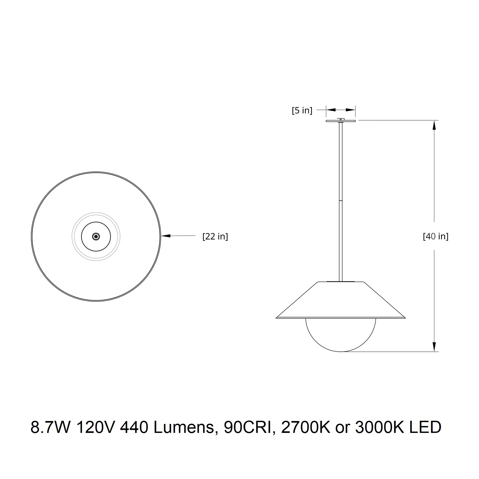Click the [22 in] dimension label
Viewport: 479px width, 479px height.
point(215,236)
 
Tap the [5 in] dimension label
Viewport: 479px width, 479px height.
point(302,110)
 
